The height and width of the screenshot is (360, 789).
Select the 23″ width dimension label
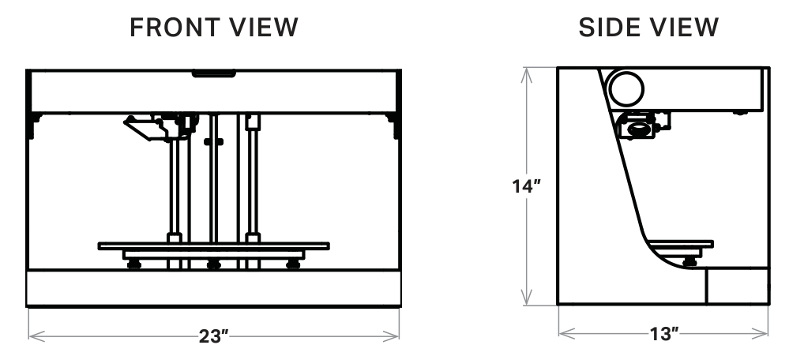(x=214, y=336)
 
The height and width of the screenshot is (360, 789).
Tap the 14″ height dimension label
(x=526, y=186)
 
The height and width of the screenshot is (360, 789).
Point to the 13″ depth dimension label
(x=664, y=333)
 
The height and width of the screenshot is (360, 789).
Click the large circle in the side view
(x=626, y=89)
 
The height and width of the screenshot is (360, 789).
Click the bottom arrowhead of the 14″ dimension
(x=526, y=298)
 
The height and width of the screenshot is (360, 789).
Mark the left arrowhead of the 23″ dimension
(x=36, y=336)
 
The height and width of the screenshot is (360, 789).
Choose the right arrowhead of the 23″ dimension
(x=392, y=336)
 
